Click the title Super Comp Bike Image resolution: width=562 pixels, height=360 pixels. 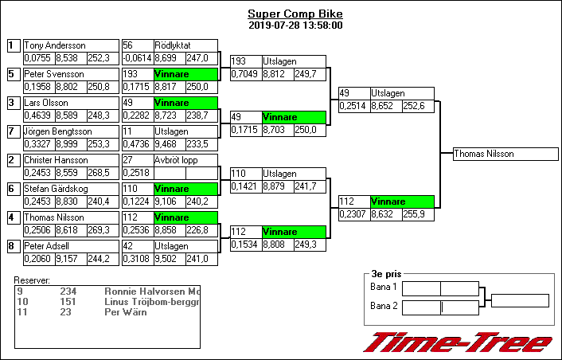(295, 14)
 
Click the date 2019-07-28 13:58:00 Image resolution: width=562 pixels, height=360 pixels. (295, 25)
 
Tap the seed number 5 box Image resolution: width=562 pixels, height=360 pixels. (12, 74)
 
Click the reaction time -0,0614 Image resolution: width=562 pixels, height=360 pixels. (136, 58)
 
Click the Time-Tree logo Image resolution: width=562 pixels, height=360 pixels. (458, 342)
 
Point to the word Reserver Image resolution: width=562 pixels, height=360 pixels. (33, 280)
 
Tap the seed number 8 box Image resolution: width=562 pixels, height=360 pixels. (12, 246)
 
